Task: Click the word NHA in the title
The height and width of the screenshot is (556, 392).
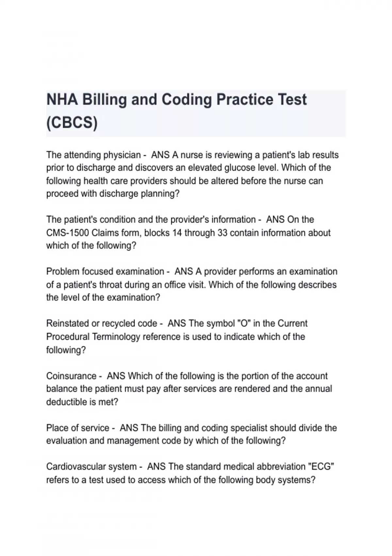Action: [x=62, y=99]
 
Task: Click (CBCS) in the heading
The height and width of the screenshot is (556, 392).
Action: [x=72, y=123]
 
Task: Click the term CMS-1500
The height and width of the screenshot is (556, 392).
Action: [x=68, y=233]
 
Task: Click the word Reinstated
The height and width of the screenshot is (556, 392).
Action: [x=68, y=323]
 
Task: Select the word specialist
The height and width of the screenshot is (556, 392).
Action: [x=246, y=428]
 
